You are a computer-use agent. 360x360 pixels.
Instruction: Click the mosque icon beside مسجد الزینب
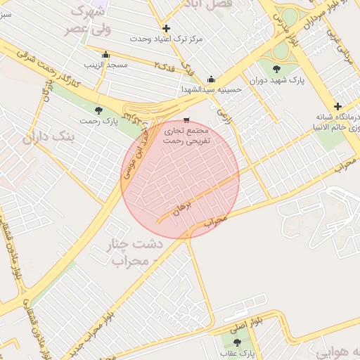(105, 55)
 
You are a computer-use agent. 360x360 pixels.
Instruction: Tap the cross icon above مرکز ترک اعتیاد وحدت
(166, 29)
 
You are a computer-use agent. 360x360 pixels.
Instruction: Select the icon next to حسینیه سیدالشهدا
(211, 79)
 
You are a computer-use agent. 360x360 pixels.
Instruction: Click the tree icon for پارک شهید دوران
(276, 69)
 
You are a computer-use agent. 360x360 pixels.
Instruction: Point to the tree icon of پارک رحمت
(98, 110)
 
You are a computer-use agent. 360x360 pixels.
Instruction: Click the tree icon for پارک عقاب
(236, 342)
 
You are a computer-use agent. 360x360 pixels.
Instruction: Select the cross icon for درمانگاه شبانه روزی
(338, 105)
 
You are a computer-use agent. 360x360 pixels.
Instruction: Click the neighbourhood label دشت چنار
(133, 244)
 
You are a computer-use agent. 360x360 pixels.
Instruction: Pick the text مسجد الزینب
(105, 65)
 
